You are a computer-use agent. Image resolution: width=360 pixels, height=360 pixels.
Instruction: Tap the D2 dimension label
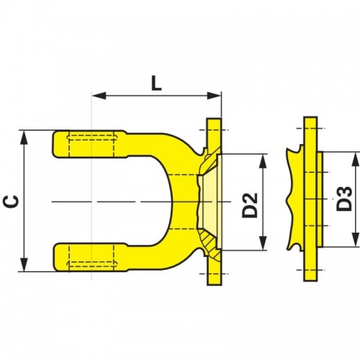point(250,205)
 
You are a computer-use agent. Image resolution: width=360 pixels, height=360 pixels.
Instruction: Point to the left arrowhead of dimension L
point(99,96)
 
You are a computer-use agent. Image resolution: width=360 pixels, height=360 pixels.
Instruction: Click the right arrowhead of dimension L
point(214,96)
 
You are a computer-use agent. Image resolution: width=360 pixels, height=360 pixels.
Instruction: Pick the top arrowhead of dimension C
point(24,138)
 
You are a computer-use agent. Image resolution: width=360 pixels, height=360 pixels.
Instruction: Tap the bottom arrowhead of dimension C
point(24,265)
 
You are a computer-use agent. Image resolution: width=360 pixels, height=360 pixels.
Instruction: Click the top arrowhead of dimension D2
point(264,161)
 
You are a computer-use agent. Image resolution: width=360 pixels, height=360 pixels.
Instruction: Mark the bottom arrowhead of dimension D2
point(264,243)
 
